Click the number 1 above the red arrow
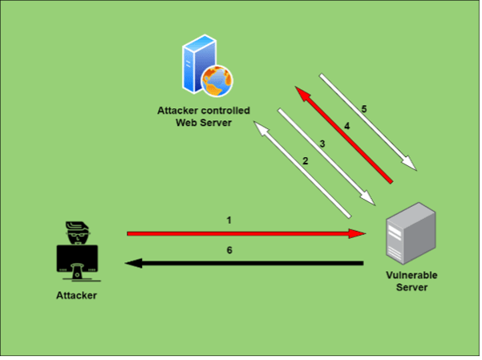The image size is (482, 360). [x=229, y=221]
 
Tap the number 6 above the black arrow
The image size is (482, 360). [x=229, y=251]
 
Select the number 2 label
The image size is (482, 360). [x=306, y=161]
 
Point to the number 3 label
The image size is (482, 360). [x=322, y=144]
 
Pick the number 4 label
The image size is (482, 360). [x=347, y=127]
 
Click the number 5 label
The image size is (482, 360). [x=364, y=110]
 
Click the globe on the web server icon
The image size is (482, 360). [x=217, y=81]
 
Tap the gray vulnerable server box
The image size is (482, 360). [x=411, y=233]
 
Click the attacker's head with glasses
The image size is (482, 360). [x=78, y=233]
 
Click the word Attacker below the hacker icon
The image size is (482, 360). [x=76, y=296]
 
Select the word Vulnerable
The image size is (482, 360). [x=411, y=276]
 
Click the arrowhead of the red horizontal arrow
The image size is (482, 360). [x=357, y=234]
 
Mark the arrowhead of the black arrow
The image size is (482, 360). [x=134, y=264]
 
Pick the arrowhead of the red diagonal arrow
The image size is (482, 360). [x=303, y=94]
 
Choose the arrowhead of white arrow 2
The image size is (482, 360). [x=261, y=129]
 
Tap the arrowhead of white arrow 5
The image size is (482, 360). [x=409, y=163]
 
